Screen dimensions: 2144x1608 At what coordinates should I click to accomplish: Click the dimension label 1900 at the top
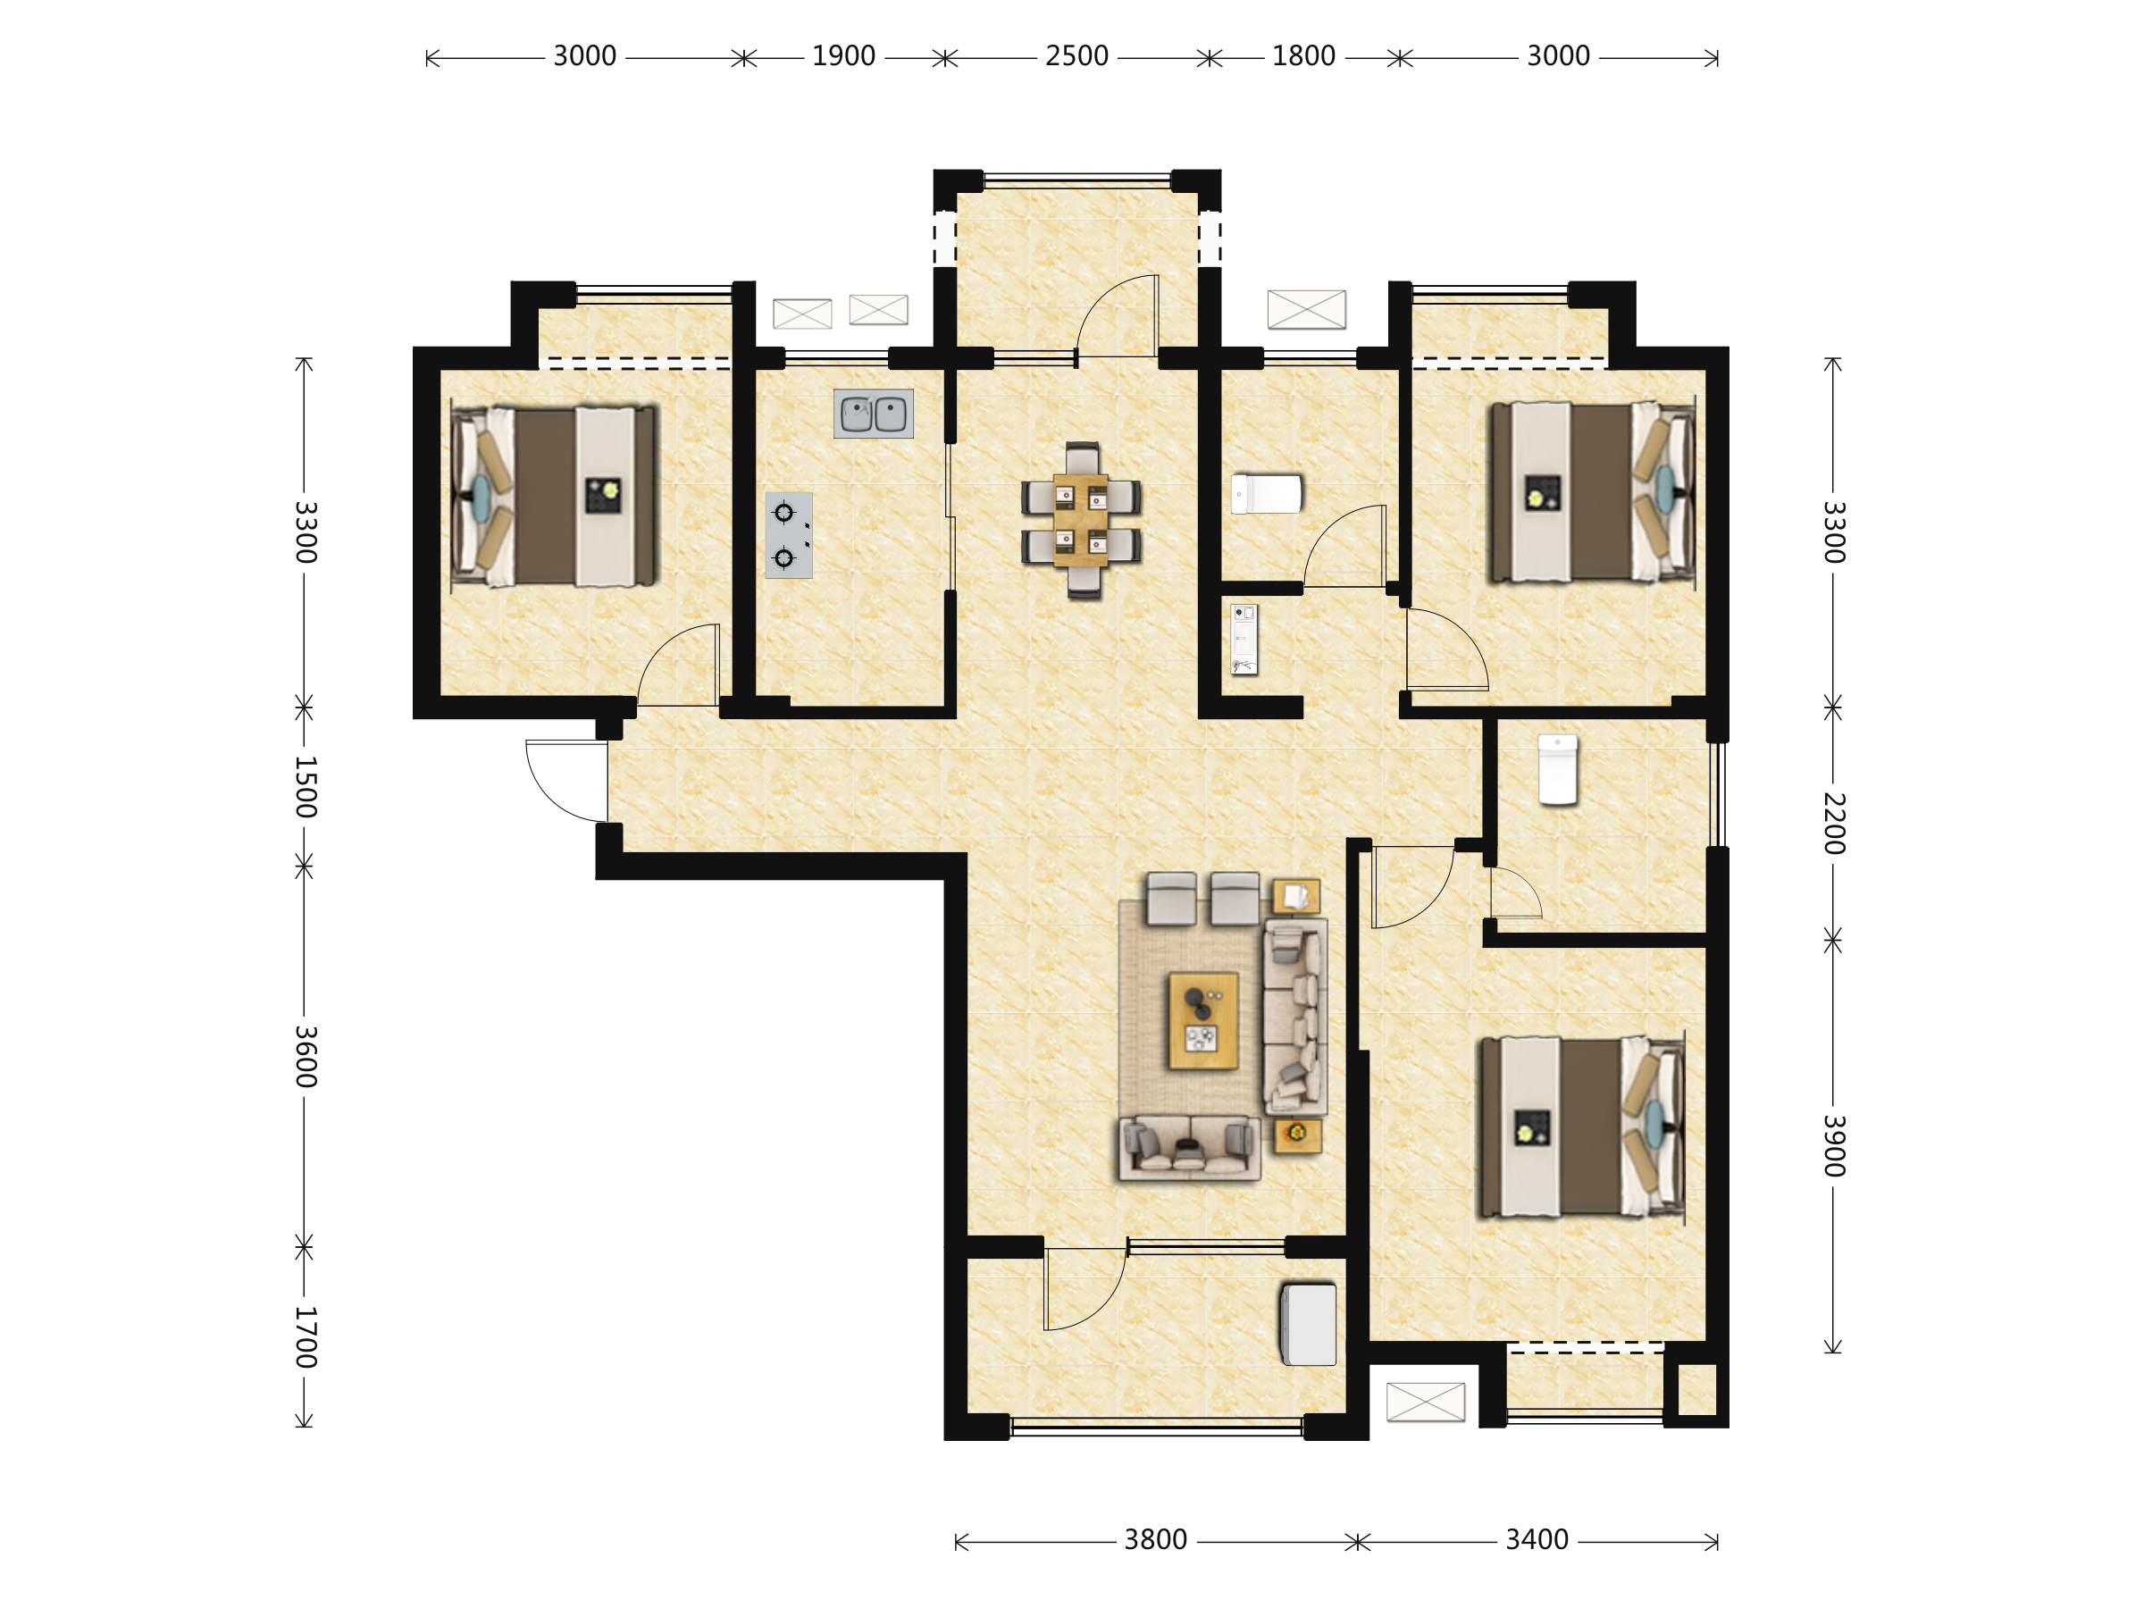coord(843,56)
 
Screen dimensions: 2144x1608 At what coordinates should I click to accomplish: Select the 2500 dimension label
coord(1076,56)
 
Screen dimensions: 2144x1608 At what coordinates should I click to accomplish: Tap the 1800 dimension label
coord(1302,56)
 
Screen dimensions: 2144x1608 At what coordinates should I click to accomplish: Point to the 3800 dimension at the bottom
coord(1155,1540)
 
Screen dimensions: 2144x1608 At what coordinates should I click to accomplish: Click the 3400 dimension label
coord(1537,1540)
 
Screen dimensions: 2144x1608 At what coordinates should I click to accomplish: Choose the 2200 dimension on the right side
coord(1834,823)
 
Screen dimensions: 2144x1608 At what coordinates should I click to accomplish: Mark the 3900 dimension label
coord(1834,1145)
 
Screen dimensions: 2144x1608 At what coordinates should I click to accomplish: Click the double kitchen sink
coord(874,414)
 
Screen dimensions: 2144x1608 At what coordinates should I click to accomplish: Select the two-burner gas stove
coord(789,535)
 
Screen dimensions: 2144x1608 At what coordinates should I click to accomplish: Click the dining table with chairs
coord(1081,521)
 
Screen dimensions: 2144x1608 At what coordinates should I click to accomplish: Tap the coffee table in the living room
coord(1202,1020)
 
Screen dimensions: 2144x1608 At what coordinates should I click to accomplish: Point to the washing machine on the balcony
coord(1309,1324)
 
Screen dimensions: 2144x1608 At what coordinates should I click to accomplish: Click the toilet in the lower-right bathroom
coord(1558,769)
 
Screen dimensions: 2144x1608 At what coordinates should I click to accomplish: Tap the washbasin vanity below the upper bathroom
coord(1244,640)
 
